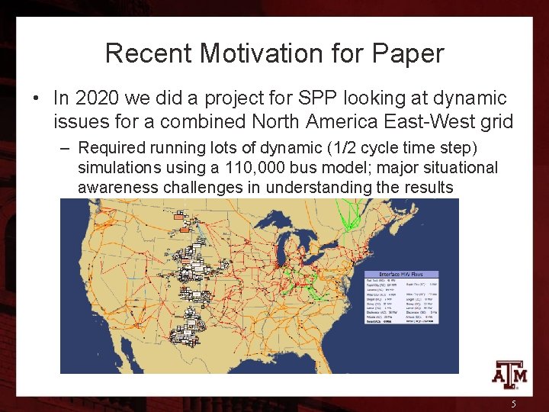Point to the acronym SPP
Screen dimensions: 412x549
pos(319,98)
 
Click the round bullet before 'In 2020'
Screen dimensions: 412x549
pos(37,99)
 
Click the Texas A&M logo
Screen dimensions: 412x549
pos(508,375)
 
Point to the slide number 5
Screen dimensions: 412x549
pos(514,404)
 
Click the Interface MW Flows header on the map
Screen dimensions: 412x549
pos(400,275)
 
